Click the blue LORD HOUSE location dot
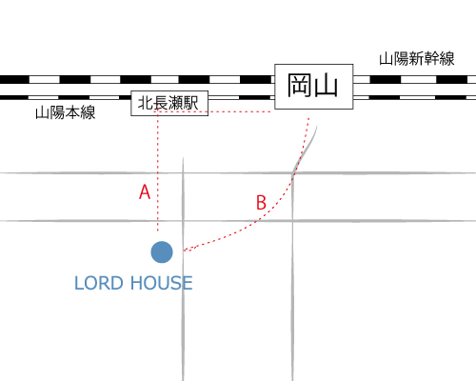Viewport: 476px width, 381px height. [x=162, y=252]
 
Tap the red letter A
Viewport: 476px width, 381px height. [x=145, y=191]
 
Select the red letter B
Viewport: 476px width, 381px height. [x=261, y=202]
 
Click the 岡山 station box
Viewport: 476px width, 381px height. [x=314, y=87]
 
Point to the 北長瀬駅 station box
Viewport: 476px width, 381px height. [x=169, y=103]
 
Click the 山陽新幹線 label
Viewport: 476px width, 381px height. [x=417, y=59]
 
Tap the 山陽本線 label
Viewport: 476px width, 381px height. [x=66, y=112]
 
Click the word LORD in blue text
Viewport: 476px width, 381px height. [x=98, y=283]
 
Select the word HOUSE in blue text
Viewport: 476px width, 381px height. [x=162, y=283]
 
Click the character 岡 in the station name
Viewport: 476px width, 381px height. [x=299, y=86]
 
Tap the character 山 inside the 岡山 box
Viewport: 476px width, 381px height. [x=326, y=86]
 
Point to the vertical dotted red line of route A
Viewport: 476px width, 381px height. [x=158, y=171]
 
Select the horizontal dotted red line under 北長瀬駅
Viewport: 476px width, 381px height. [x=212, y=111]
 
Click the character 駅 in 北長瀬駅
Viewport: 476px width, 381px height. [x=191, y=103]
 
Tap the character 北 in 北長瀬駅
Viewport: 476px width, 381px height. [x=146, y=103]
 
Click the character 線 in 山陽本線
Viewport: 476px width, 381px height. [x=88, y=112]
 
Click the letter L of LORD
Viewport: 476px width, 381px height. [x=79, y=283]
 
